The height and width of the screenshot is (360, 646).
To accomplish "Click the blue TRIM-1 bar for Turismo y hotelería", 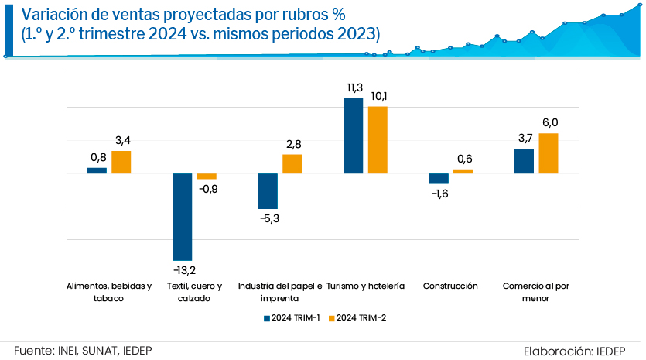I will tap(353, 135).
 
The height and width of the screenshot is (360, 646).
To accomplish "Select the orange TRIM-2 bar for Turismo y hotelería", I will tap(378, 139).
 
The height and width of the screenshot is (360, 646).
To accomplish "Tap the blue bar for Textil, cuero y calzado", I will tap(182, 217).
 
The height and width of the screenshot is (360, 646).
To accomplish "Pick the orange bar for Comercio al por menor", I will tap(549, 153).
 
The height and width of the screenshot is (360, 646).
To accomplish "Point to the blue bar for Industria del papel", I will tap(268, 191).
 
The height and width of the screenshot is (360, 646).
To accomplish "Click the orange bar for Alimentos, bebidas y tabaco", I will tap(121, 162).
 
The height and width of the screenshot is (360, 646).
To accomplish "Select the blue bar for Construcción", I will tap(439, 179).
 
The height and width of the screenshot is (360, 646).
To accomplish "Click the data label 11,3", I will tap(354, 87).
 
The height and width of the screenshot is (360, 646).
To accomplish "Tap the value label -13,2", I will tap(183, 270).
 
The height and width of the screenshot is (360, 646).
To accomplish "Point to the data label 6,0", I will tap(549, 122).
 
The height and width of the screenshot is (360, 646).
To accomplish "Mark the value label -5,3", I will tap(268, 219).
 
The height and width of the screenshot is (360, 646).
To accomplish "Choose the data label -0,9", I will tap(208, 189).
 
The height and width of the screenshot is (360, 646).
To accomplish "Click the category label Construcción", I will tap(450, 286).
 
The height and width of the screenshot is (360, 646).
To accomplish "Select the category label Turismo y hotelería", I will tap(366, 286).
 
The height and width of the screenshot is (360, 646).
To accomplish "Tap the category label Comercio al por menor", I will tap(536, 292).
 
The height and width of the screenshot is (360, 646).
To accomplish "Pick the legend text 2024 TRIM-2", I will tap(361, 318).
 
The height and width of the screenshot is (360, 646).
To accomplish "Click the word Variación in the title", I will tap(53, 15).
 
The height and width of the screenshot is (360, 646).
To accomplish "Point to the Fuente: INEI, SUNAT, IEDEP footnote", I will tap(83, 350).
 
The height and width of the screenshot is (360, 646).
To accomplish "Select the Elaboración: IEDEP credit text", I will tap(579, 350).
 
